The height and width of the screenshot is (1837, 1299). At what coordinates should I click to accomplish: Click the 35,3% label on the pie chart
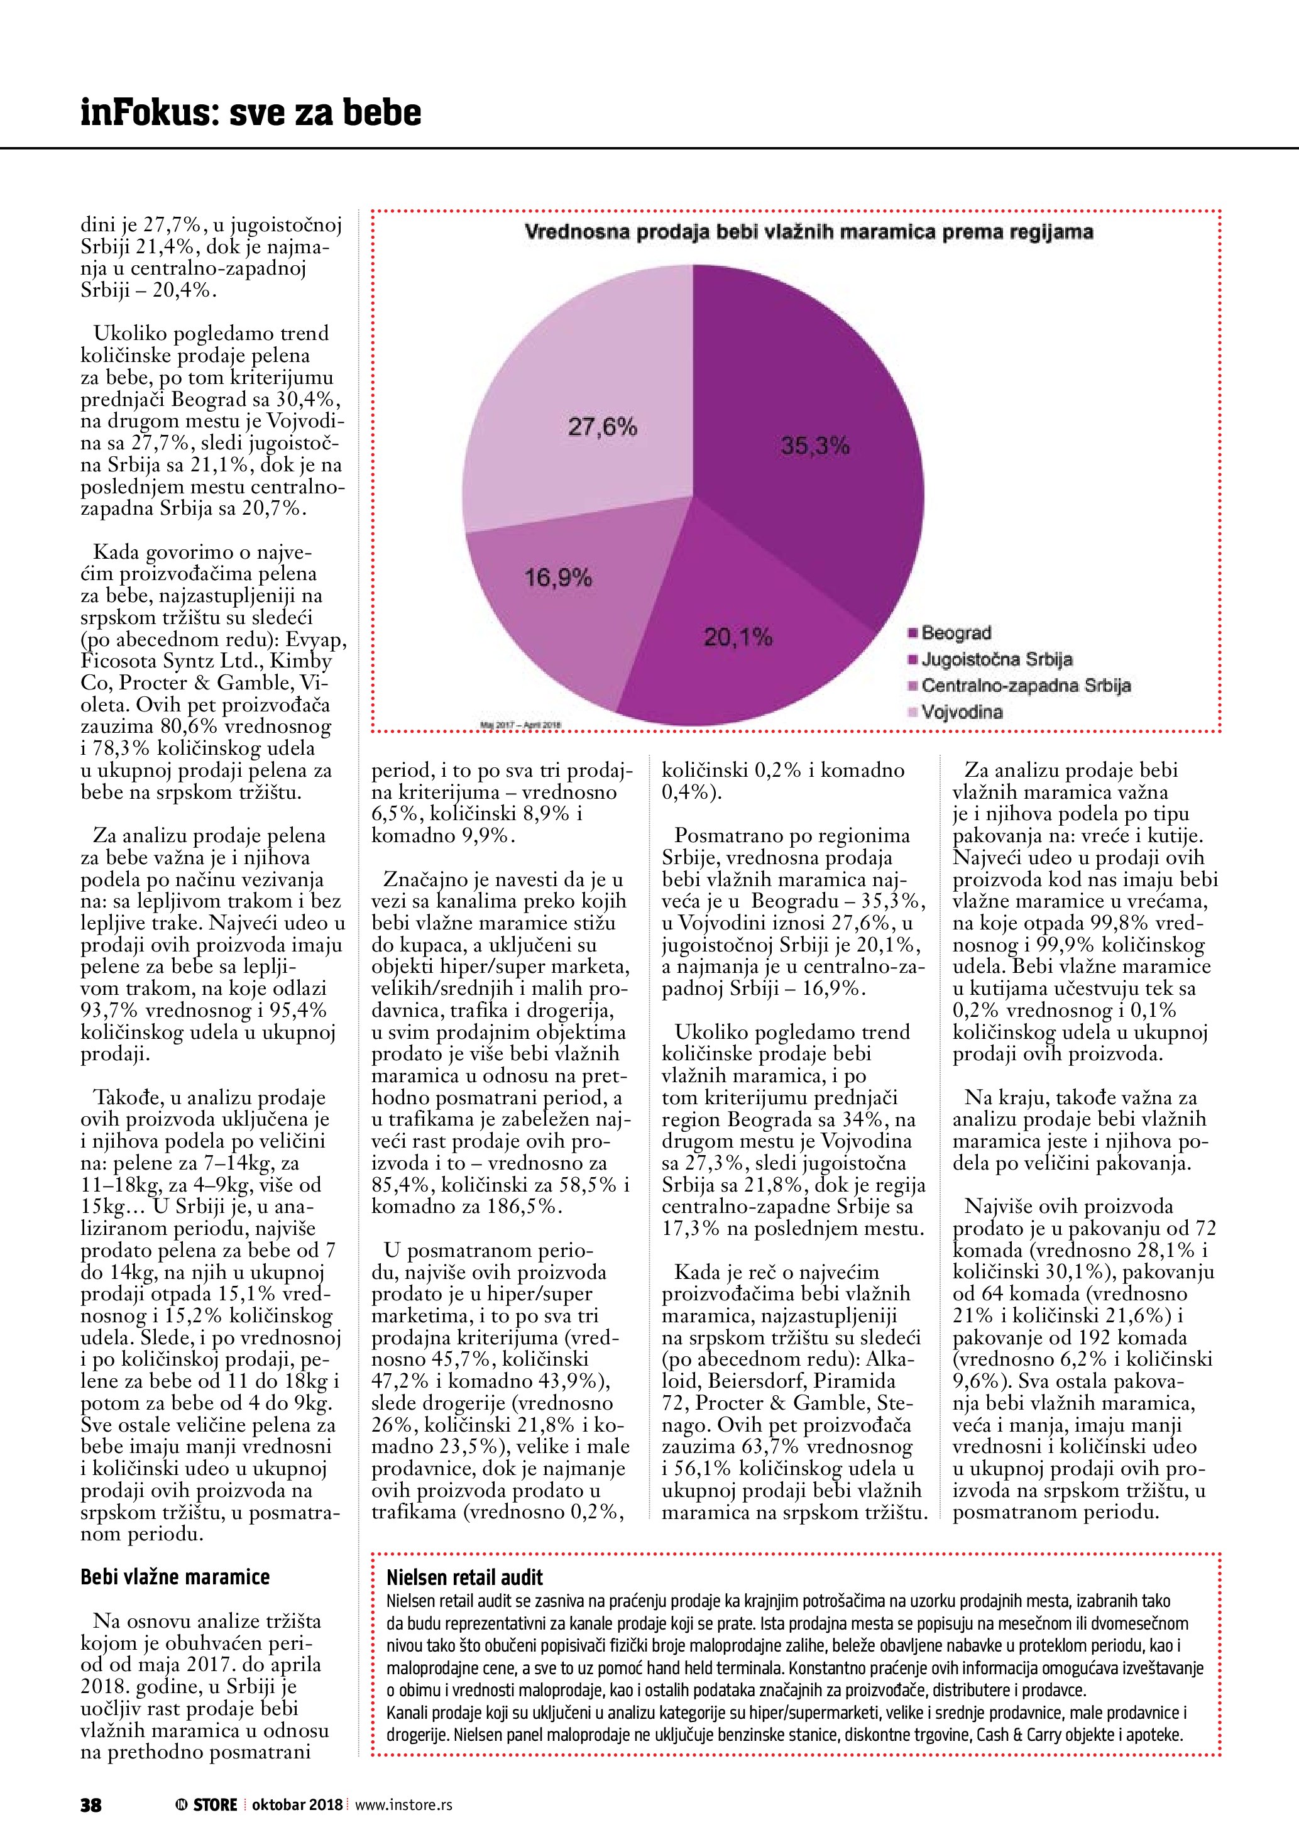point(814,446)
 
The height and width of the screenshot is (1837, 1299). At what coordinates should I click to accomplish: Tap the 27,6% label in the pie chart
point(602,427)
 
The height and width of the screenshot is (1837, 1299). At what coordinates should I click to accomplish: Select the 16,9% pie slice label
point(557,578)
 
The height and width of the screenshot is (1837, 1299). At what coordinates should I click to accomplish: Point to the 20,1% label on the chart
point(738,638)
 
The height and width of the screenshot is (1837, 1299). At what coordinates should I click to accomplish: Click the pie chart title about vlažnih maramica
point(808,233)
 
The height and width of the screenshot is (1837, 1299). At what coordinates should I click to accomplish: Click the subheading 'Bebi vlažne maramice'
point(175,1577)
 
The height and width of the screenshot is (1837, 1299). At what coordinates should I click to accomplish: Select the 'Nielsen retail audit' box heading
point(464,1577)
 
